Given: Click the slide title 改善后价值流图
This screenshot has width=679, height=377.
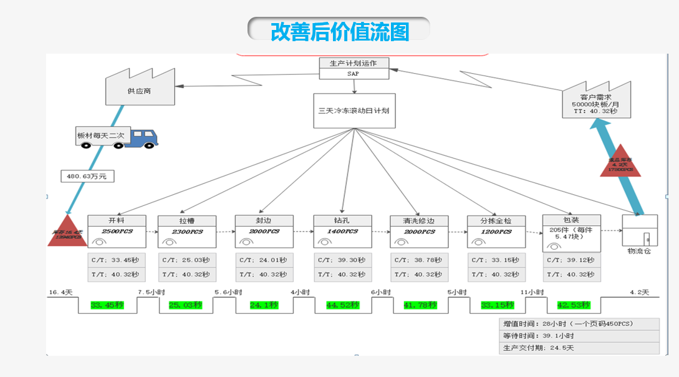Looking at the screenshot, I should coord(339,31).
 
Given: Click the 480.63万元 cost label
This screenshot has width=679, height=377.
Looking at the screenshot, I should coord(87,176).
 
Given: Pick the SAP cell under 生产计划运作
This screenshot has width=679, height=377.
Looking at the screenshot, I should coord(354,74).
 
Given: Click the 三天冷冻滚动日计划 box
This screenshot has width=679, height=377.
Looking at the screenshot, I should coord(354,110).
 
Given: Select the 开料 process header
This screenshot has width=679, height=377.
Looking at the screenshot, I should coord(117,220).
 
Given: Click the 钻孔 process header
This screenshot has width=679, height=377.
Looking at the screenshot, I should coord(342,220).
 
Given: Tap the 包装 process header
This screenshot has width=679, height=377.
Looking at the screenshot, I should coord(571,220).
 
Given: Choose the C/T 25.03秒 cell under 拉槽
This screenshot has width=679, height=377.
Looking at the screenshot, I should coord(186,260).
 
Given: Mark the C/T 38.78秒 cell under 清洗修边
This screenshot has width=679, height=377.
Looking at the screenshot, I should coord(420,260).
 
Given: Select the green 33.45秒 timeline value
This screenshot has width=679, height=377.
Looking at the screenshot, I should coord(107,305).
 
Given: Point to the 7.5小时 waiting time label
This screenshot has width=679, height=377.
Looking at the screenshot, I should coord(151,292).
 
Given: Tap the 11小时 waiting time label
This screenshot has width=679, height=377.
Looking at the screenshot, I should coord(532,292).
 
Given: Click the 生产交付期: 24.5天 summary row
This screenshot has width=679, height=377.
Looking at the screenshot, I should coord(579,348).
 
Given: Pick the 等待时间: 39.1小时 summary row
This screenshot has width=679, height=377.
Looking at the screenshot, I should coord(579,336).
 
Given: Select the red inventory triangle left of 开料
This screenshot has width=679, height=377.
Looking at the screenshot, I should coord(67,232).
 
